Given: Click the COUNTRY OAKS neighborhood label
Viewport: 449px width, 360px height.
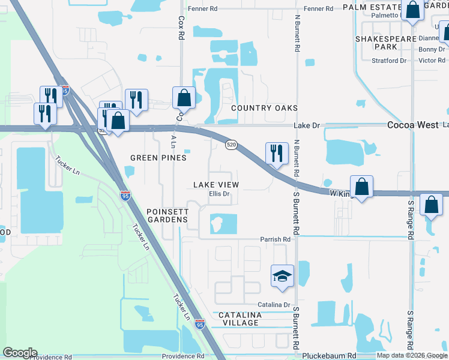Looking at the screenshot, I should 265,108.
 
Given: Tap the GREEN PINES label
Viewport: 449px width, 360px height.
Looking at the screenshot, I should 158,158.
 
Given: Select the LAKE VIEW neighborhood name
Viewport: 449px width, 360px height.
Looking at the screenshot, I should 215,185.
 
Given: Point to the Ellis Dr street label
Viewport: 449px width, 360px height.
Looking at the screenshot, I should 219,194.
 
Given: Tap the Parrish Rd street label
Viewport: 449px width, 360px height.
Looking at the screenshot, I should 275,239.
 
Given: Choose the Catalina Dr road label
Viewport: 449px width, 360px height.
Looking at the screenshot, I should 274,305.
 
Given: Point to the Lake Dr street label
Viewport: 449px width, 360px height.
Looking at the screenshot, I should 307,125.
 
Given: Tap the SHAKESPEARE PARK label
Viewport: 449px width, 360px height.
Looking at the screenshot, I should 385,42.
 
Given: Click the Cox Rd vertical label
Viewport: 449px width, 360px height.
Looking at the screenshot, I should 181,28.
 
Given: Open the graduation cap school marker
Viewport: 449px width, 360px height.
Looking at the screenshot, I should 282,276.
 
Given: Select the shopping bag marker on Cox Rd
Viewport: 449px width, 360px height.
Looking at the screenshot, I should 184,98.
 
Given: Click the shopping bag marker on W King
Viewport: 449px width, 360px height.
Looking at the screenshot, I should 361,187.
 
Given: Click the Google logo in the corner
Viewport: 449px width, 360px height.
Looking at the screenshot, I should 20,353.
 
